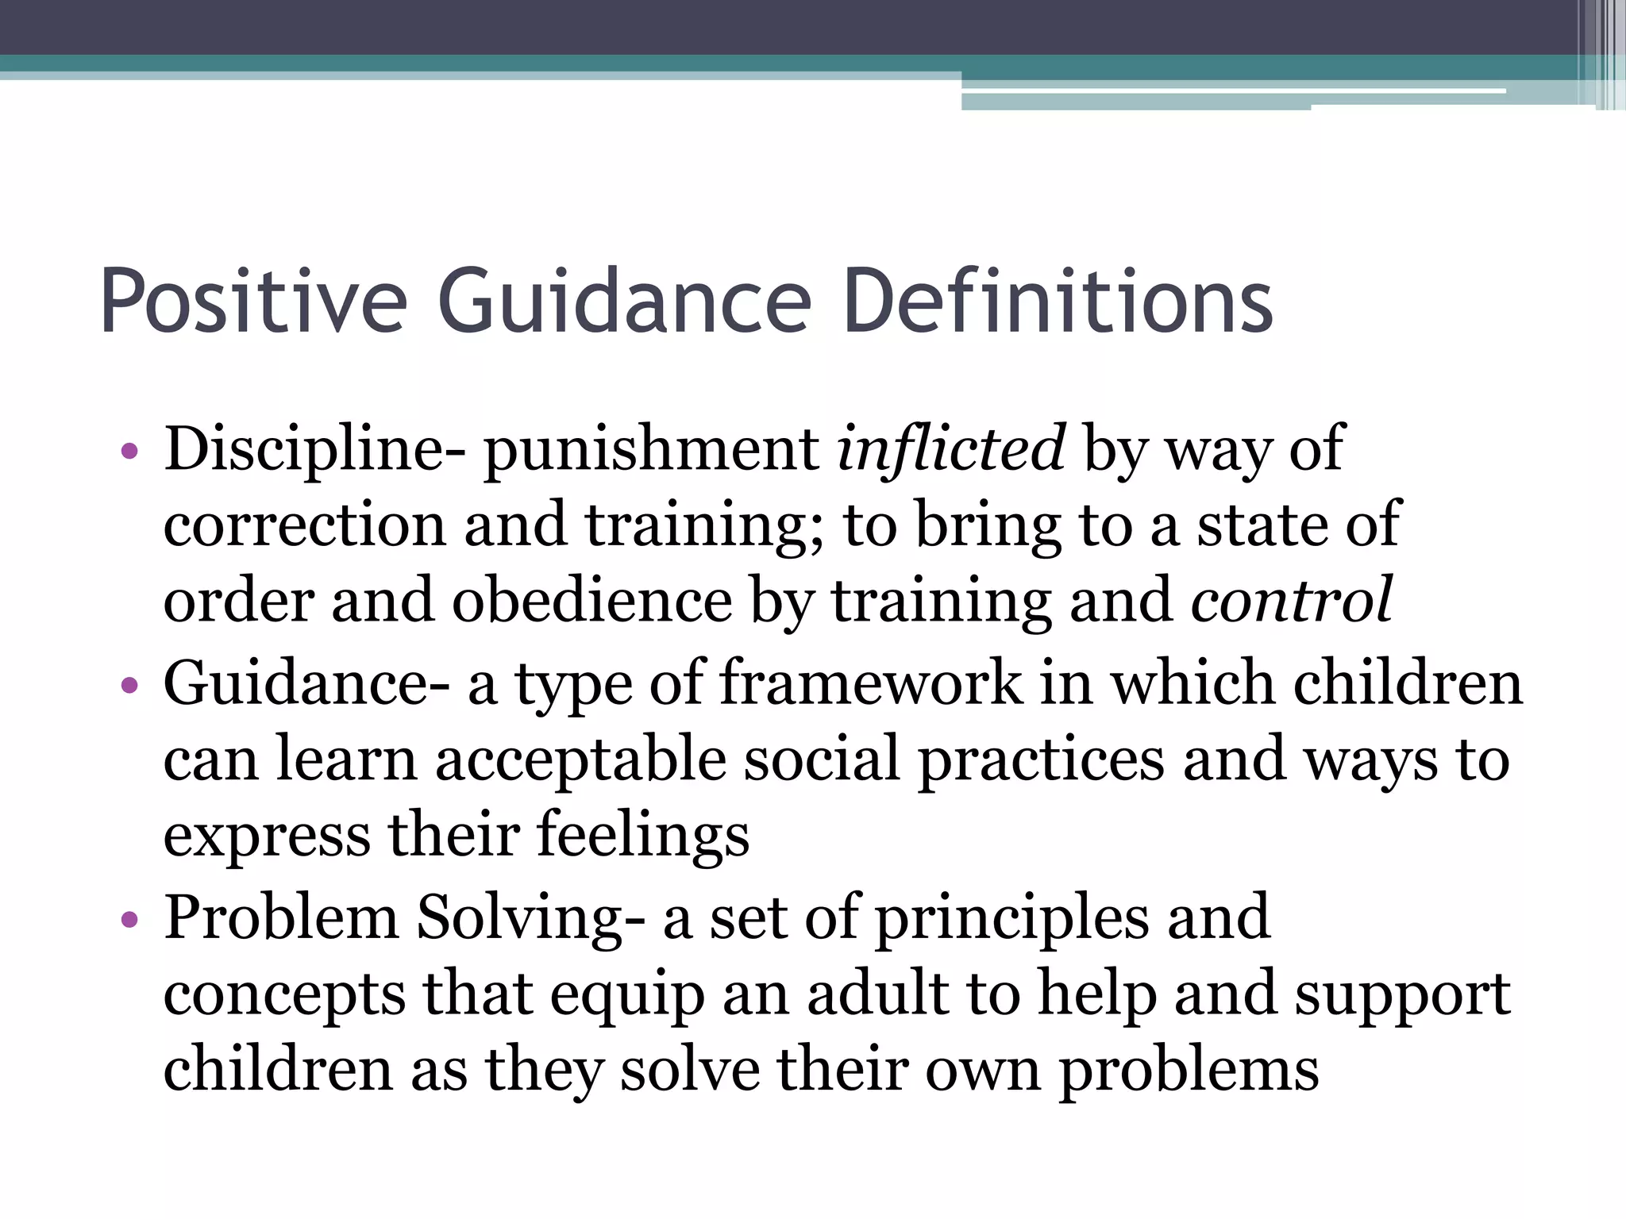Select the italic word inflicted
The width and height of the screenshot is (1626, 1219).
[x=950, y=449]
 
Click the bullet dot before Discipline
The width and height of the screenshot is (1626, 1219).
[x=129, y=453]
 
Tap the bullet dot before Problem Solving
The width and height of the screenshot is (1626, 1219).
[x=129, y=921]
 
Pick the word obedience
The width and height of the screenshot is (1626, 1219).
[x=591, y=601]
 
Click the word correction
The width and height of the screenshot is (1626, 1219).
[x=305, y=525]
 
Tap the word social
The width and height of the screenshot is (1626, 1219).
[x=822, y=759]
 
